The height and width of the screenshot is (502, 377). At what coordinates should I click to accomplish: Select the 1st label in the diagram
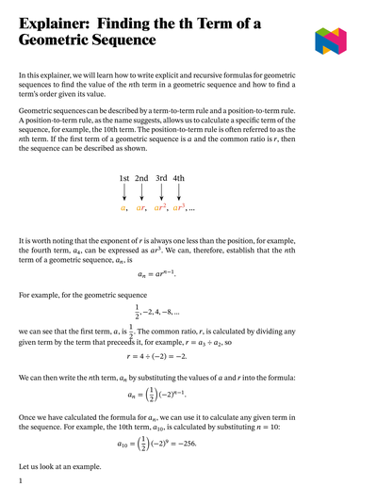[123, 178]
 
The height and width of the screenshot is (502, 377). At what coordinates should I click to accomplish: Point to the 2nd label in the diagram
[141, 178]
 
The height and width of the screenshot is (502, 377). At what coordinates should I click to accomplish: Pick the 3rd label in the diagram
[161, 178]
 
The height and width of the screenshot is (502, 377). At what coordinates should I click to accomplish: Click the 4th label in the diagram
[179, 178]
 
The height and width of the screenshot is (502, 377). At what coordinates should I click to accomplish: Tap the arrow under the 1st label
[123, 193]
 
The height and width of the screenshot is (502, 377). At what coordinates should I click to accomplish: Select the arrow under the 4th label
[179, 193]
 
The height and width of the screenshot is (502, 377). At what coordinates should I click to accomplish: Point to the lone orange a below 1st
[123, 208]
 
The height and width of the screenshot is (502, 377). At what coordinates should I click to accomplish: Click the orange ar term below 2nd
[141, 208]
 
